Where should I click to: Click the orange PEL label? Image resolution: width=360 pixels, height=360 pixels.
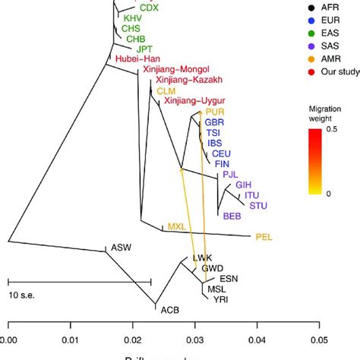(264, 237)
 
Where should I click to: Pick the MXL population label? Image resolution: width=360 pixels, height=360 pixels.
(176, 226)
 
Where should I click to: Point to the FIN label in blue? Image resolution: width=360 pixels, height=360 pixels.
(223, 163)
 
